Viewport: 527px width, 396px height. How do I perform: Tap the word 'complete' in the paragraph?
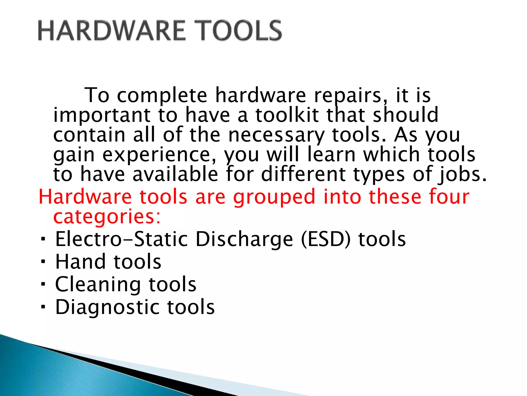click(x=162, y=95)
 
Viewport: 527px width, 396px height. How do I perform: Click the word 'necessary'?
click(x=276, y=136)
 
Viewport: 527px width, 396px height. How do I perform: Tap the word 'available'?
click(x=175, y=174)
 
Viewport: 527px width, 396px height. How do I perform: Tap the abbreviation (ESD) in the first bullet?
click(x=326, y=239)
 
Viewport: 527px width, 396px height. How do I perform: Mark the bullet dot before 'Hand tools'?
click(x=43, y=262)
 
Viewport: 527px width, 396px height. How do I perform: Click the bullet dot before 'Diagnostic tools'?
click(x=43, y=307)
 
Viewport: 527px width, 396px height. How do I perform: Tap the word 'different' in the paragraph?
click(x=303, y=174)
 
